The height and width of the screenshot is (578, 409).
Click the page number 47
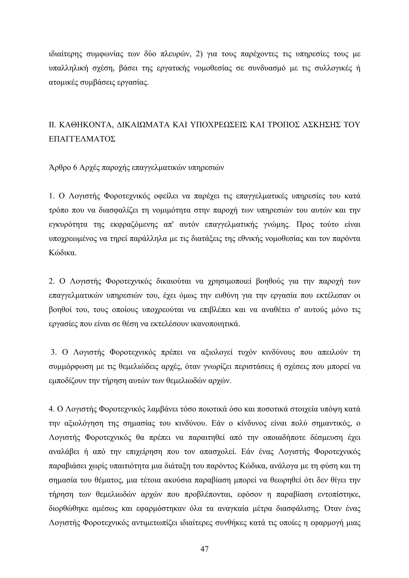(204, 547)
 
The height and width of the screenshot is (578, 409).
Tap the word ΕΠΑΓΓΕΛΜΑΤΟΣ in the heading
(82, 139)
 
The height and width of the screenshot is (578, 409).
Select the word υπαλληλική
(66, 68)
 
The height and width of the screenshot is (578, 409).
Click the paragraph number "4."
(52, 409)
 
